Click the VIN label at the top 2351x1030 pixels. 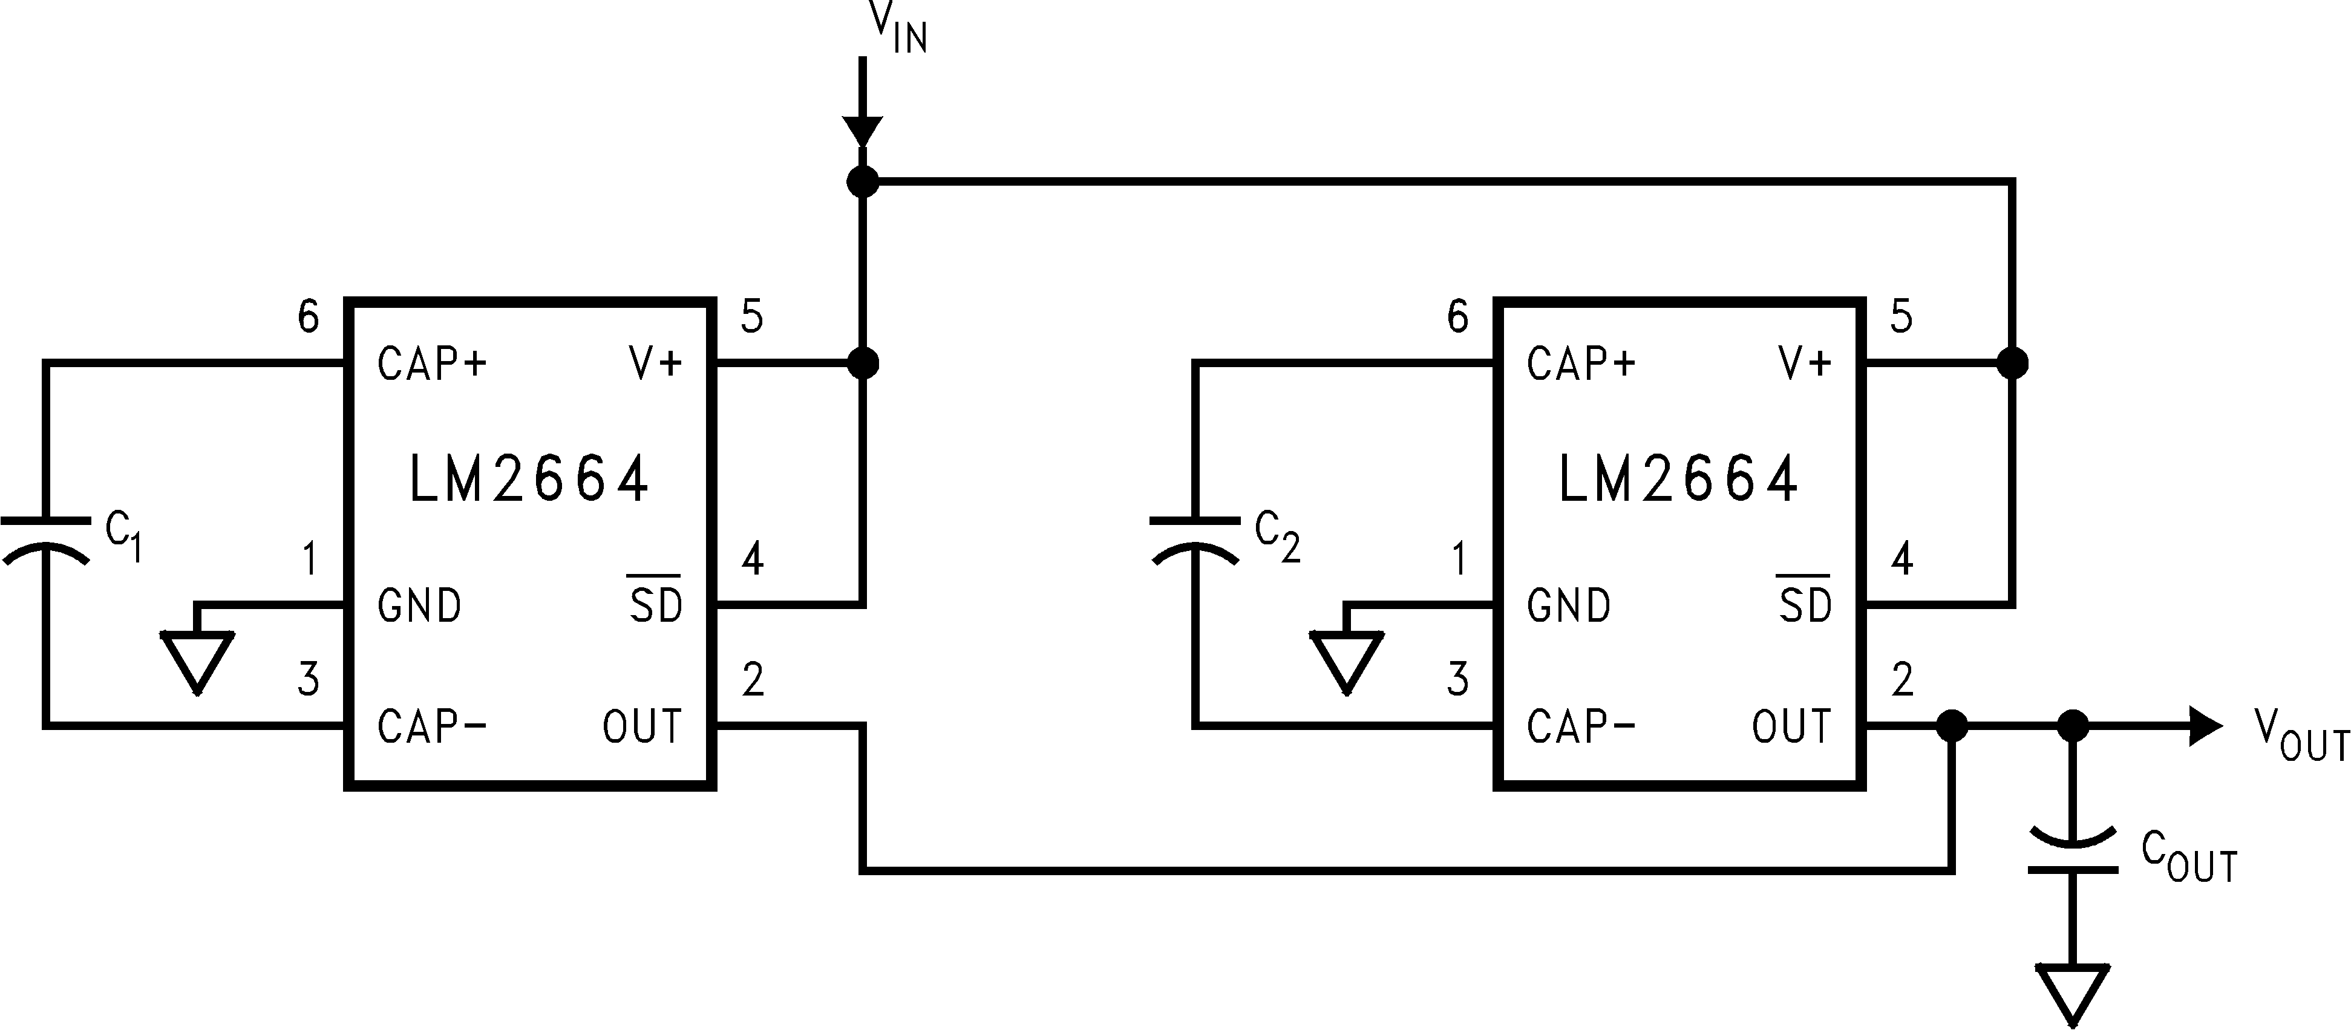[897, 27]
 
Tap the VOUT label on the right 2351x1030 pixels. [2300, 734]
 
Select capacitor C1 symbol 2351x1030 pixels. [45, 540]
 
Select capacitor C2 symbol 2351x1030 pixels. [1195, 540]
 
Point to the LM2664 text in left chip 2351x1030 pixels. [529, 479]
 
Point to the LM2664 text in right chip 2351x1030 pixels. [1678, 479]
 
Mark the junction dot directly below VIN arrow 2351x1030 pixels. [863, 181]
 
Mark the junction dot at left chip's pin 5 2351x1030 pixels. [863, 363]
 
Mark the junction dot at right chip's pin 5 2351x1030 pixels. [2012, 363]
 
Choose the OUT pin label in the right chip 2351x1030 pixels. [1791, 727]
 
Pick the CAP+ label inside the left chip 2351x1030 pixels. [432, 364]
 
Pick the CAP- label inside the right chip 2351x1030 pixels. [1581, 727]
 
